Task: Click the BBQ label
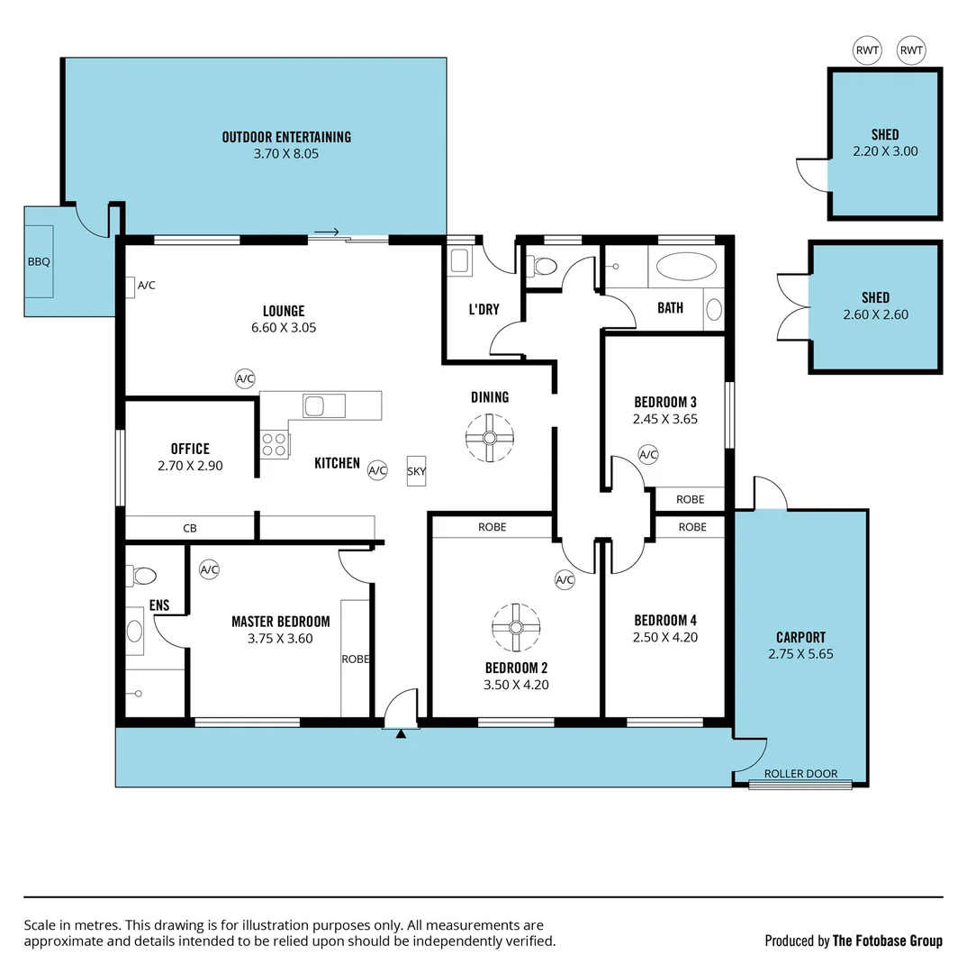coord(39,262)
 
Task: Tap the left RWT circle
coord(867,50)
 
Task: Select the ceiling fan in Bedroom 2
coord(517,626)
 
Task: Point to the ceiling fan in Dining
coord(490,438)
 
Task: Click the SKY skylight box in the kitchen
coord(416,470)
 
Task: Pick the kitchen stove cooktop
coord(276,444)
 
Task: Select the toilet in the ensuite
coord(142,575)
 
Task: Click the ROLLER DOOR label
coord(800,774)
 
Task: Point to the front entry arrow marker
coord(402,734)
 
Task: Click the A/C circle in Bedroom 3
coord(648,454)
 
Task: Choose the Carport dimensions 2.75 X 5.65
coord(800,654)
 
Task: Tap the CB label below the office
coord(190,528)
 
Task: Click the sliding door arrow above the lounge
coord(326,232)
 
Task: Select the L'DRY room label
coord(483,309)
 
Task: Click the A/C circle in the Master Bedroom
coord(209,569)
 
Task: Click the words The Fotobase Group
coord(887,941)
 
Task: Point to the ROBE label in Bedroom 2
coord(492,527)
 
